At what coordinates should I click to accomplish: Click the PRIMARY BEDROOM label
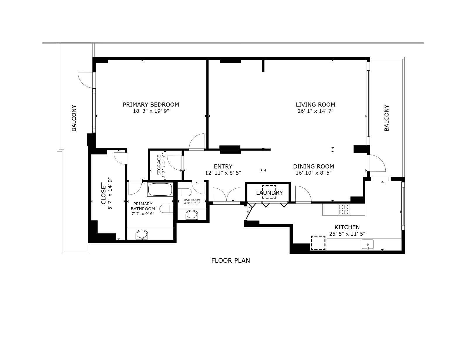click(x=151, y=105)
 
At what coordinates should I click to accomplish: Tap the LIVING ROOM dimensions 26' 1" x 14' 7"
click(x=316, y=111)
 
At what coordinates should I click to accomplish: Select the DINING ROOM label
click(x=313, y=166)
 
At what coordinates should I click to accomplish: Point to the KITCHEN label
click(x=347, y=227)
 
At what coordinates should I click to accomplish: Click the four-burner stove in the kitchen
click(x=344, y=209)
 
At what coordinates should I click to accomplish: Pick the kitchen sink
click(x=368, y=244)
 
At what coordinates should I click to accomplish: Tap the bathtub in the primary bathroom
click(x=160, y=189)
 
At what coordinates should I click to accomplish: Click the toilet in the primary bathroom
click(x=167, y=209)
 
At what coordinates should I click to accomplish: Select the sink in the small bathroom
click(x=192, y=215)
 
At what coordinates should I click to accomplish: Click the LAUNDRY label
click(x=269, y=193)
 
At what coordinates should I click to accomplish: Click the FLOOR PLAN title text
click(x=231, y=260)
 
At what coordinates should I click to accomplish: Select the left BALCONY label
click(x=74, y=118)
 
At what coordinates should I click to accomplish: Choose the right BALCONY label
click(x=387, y=118)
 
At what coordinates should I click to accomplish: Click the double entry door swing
click(x=226, y=195)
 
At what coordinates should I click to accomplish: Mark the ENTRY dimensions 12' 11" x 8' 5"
click(x=223, y=173)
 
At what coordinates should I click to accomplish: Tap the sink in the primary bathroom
click(x=142, y=234)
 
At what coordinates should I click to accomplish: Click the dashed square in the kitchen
click(x=318, y=243)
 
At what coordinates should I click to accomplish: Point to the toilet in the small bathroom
click(x=185, y=192)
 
